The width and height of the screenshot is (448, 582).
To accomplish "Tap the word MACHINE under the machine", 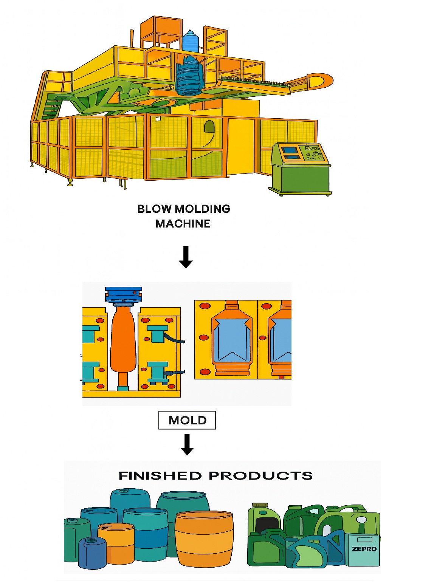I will click(183, 224).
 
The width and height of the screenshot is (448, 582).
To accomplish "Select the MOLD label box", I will click(187, 420).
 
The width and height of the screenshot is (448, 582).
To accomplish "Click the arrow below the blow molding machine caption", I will click(186, 257).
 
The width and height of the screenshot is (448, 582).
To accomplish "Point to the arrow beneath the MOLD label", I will click(187, 444).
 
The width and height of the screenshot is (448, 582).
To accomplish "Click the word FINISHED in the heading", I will click(160, 475).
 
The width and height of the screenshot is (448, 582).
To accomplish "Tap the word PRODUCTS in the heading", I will click(261, 475).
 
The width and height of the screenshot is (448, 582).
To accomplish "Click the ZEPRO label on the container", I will click(364, 549).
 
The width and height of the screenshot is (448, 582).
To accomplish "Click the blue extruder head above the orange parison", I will click(124, 294).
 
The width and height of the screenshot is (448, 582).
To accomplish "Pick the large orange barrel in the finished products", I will click(204, 539).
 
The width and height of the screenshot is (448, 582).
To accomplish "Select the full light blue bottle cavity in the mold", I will click(232, 340).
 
